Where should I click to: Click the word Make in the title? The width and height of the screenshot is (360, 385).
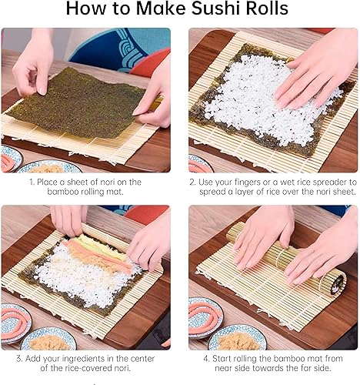161,8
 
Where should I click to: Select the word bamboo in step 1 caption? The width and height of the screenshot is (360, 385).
63,192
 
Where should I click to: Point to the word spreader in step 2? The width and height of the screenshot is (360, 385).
331,182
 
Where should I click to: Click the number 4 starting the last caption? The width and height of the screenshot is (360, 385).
206,359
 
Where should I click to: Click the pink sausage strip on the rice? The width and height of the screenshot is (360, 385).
102,255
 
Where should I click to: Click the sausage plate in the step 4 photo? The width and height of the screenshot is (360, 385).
205,318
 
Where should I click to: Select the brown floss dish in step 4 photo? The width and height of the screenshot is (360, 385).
237,338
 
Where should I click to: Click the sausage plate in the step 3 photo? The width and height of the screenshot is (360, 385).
15,323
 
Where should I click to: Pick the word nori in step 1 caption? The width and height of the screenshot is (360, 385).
110,182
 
